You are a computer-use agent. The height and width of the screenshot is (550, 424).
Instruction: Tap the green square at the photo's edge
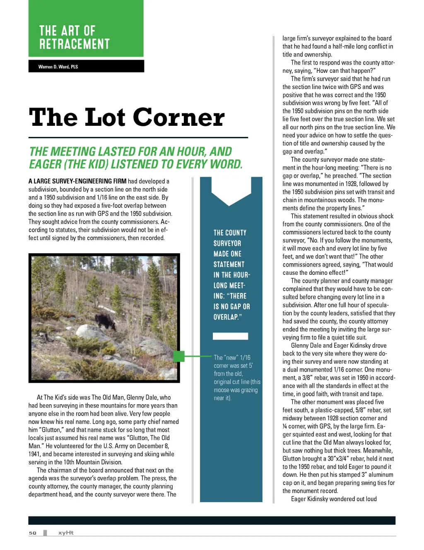coord(178,356)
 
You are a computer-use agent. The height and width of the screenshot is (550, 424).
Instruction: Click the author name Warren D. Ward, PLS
coord(58,67)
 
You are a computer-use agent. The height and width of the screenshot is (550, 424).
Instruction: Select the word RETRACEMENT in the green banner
coord(75,44)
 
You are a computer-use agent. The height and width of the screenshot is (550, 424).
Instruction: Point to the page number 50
coord(33,533)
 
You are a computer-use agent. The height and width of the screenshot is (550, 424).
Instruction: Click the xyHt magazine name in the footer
coord(66,533)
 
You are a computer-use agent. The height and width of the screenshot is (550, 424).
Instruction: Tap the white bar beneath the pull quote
coord(230,336)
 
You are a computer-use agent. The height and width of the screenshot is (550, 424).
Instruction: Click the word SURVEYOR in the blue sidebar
coord(227,243)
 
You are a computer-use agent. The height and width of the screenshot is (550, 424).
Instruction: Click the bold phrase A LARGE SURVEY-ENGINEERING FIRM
coord(77,181)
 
